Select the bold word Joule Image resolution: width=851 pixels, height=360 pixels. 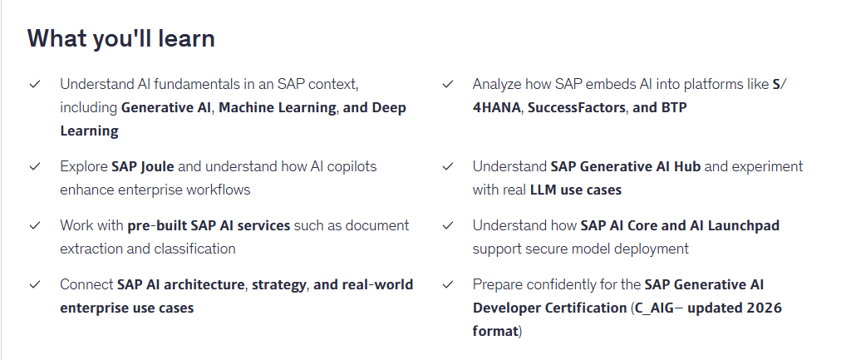(x=157, y=166)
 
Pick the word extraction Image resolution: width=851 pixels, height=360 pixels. (x=88, y=249)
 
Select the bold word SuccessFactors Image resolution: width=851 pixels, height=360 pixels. (x=577, y=107)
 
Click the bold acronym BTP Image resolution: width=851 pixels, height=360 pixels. (x=673, y=107)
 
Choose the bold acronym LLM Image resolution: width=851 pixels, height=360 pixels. (x=544, y=190)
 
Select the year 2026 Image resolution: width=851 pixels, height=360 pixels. (x=765, y=308)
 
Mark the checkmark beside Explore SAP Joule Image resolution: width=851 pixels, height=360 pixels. (x=35, y=166)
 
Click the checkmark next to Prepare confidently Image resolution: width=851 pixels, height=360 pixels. (x=448, y=284)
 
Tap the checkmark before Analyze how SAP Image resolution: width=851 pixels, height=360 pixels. (x=448, y=84)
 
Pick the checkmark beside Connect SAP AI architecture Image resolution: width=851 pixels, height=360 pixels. (x=35, y=284)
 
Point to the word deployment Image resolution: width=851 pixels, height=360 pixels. (x=653, y=249)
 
